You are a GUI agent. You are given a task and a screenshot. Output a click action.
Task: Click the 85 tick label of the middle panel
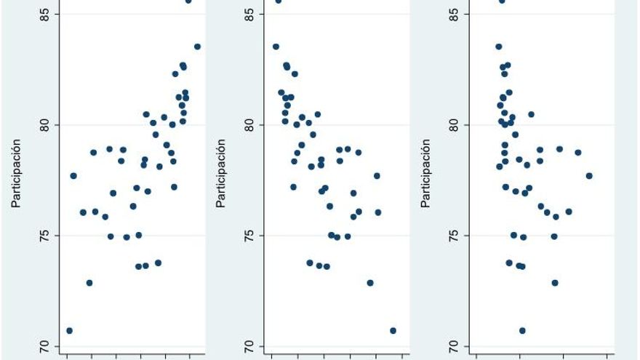pos(248,14)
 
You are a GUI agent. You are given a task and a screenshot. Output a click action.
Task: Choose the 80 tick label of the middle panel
pos(248,125)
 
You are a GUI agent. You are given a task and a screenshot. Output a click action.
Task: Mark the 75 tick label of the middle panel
pos(248,236)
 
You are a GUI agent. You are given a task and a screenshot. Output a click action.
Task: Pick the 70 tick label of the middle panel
pos(248,346)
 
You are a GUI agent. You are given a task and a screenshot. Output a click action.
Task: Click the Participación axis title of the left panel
pos(16,173)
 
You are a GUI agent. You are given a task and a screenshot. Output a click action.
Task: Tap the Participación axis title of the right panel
pos(427,173)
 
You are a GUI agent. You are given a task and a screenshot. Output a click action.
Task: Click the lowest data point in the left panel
pos(69,330)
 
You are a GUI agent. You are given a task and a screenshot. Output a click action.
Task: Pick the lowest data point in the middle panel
pos(393,330)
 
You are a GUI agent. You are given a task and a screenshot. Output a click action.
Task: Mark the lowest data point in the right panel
pos(522,330)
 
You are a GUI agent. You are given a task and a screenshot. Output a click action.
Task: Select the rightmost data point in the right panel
pos(589,176)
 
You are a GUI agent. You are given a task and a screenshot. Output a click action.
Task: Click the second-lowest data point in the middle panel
pos(370,282)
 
